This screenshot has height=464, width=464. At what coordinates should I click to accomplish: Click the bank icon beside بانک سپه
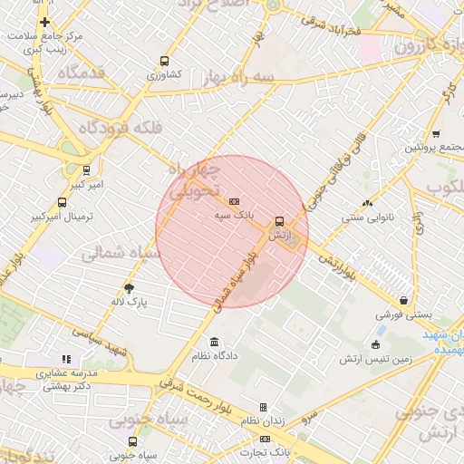click(235, 201)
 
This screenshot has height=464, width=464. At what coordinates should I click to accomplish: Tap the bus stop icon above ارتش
click(278, 220)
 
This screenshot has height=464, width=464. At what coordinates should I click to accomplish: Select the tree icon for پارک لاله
click(130, 287)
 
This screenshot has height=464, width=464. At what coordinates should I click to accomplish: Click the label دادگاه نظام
click(213, 356)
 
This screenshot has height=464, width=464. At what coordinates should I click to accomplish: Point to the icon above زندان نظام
click(263, 408)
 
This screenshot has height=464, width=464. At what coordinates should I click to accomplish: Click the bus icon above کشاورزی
click(163, 60)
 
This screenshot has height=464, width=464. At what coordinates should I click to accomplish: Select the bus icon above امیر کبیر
click(86, 169)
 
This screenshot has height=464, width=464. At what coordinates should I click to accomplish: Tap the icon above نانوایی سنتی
click(367, 204)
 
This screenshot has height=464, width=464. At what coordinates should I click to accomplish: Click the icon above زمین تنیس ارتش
click(375, 344)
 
